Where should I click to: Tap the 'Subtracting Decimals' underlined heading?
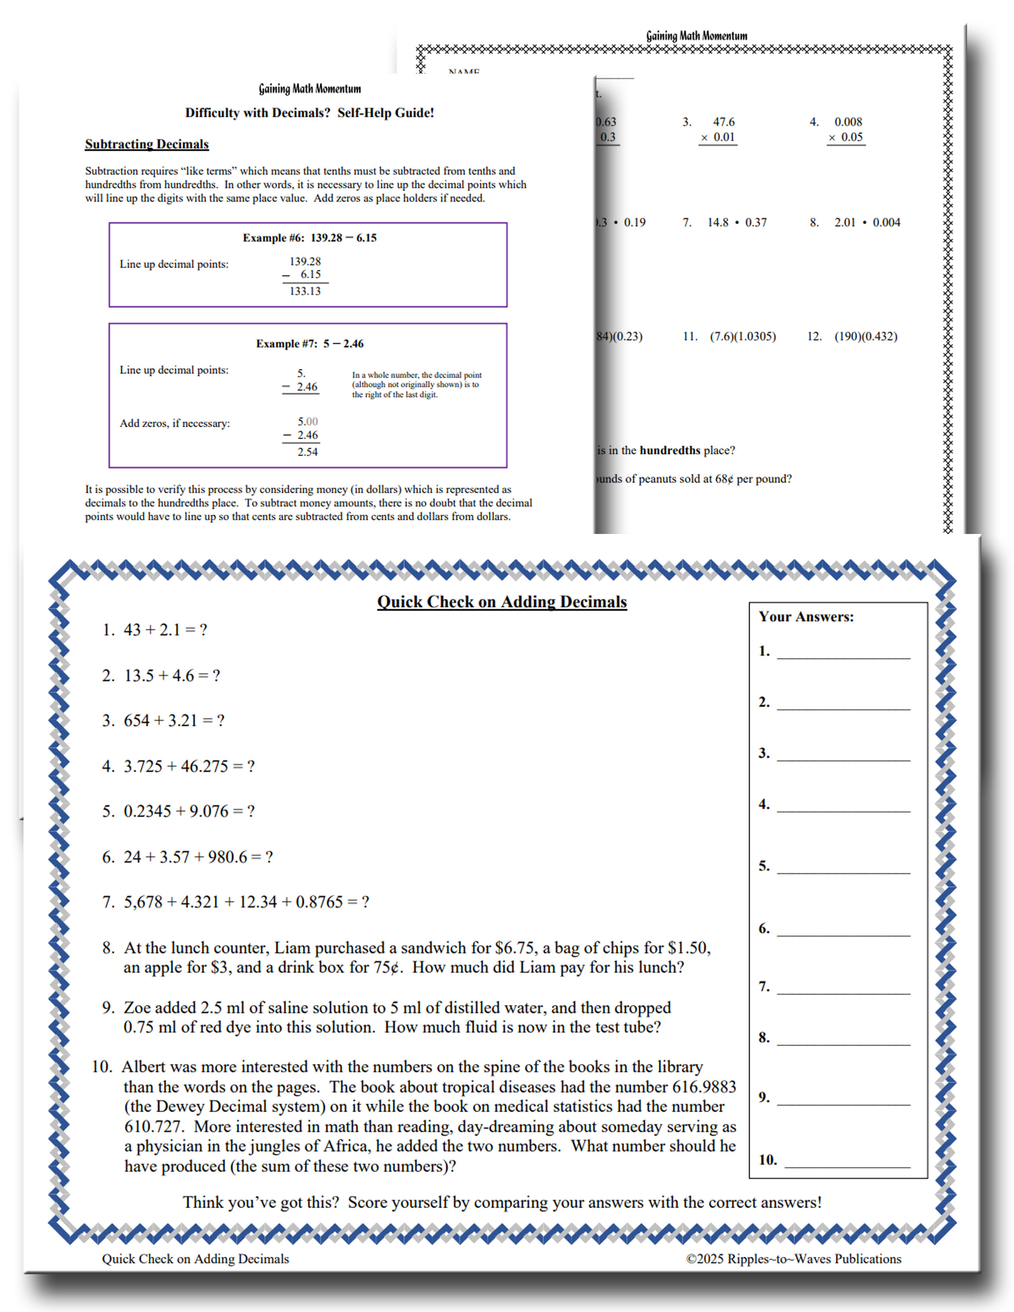click(x=147, y=144)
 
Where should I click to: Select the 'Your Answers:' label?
click(x=806, y=617)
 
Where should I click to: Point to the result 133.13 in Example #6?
click(x=305, y=291)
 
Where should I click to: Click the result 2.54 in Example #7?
click(x=307, y=452)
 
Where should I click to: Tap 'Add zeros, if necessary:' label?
click(x=175, y=423)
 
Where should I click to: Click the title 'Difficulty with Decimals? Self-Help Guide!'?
click(x=309, y=113)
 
